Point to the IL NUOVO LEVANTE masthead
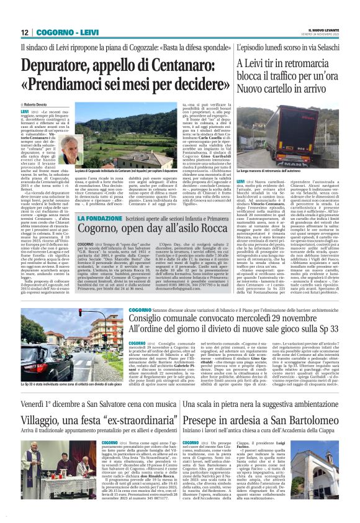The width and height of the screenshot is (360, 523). click(x=323, y=29)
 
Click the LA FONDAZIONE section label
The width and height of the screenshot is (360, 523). click(x=102, y=217)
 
